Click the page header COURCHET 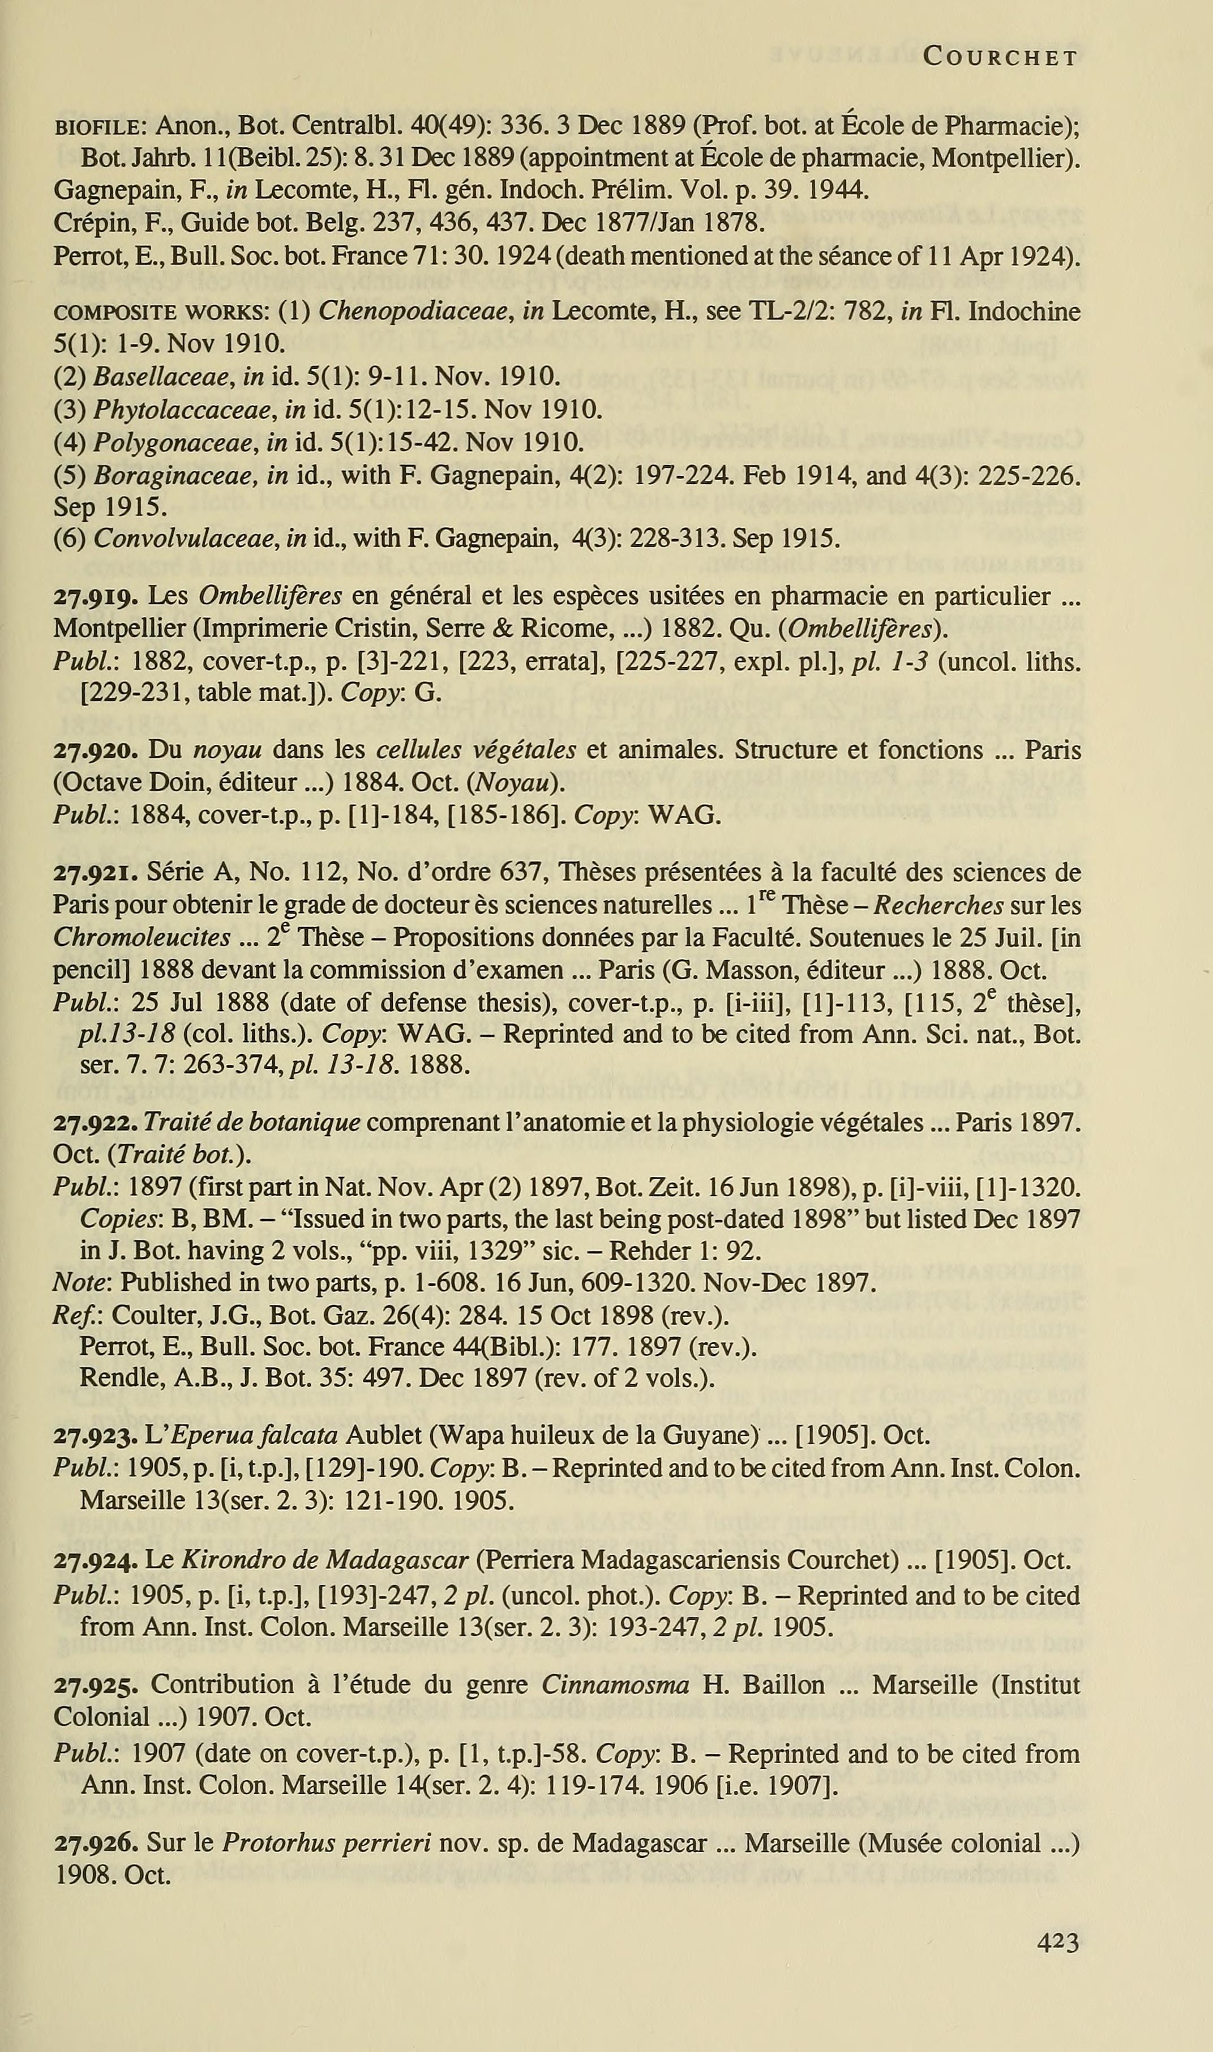pyautogui.click(x=1000, y=57)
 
